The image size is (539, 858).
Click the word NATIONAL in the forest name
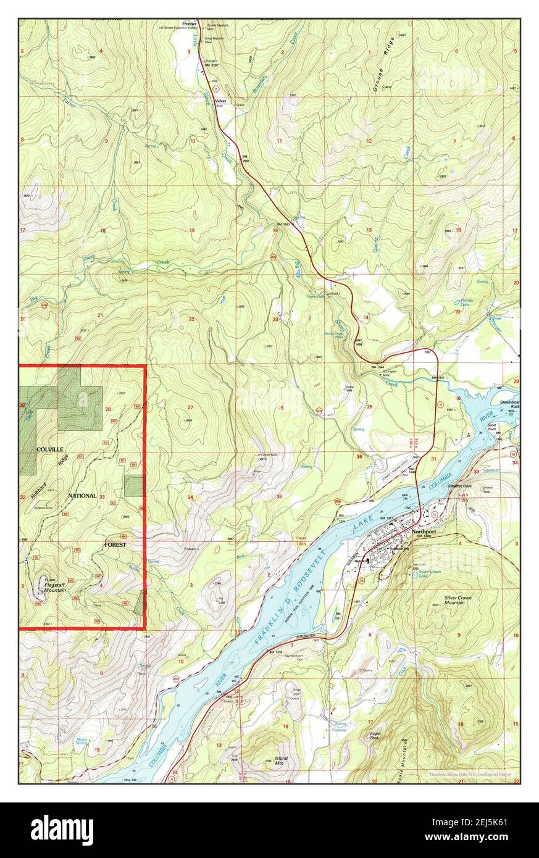(82, 496)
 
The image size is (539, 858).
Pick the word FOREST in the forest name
(115, 545)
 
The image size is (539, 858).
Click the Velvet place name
(220, 101)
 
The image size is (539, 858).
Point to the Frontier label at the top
(189, 24)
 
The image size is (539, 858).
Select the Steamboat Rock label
(510, 404)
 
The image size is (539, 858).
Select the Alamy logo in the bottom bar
(62, 830)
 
